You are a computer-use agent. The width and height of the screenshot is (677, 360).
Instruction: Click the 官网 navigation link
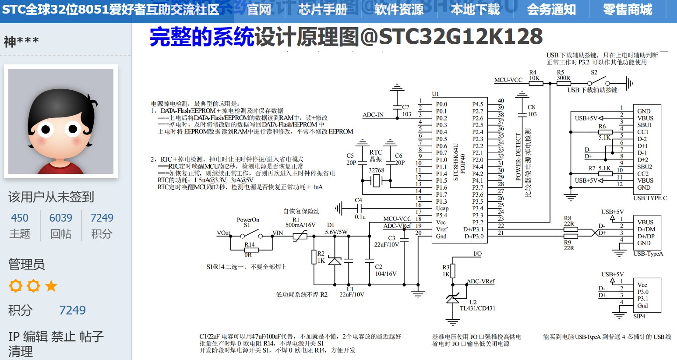[259, 10]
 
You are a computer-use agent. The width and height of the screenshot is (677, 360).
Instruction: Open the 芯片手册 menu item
[323, 10]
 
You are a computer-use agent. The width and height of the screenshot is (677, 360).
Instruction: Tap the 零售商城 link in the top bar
[627, 10]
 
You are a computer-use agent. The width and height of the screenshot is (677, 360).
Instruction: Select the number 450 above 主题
[20, 218]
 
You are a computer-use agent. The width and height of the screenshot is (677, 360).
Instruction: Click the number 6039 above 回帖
[61, 218]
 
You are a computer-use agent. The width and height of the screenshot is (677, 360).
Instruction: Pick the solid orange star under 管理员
[51, 286]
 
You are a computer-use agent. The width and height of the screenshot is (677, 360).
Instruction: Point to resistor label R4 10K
[534, 75]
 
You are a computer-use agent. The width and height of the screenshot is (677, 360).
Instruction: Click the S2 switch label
[594, 72]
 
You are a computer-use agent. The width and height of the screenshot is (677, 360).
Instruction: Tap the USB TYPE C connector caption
[650, 198]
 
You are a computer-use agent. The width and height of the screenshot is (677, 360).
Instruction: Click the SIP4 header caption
[639, 316]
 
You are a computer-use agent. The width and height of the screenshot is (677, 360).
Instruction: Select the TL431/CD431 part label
[477, 308]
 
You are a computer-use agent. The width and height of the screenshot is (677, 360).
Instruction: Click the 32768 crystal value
[376, 170]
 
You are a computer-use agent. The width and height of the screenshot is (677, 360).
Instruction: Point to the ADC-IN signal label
[373, 115]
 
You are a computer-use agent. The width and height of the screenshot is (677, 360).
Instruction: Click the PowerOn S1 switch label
[248, 222]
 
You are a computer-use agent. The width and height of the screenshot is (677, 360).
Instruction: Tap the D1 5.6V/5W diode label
[336, 229]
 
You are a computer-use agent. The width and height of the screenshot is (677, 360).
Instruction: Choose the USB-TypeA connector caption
[648, 254]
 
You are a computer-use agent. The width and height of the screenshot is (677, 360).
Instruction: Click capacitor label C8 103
[532, 110]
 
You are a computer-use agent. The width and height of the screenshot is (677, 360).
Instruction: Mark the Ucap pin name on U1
[442, 208]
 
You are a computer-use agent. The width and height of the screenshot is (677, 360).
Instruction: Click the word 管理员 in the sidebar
[27, 265]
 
